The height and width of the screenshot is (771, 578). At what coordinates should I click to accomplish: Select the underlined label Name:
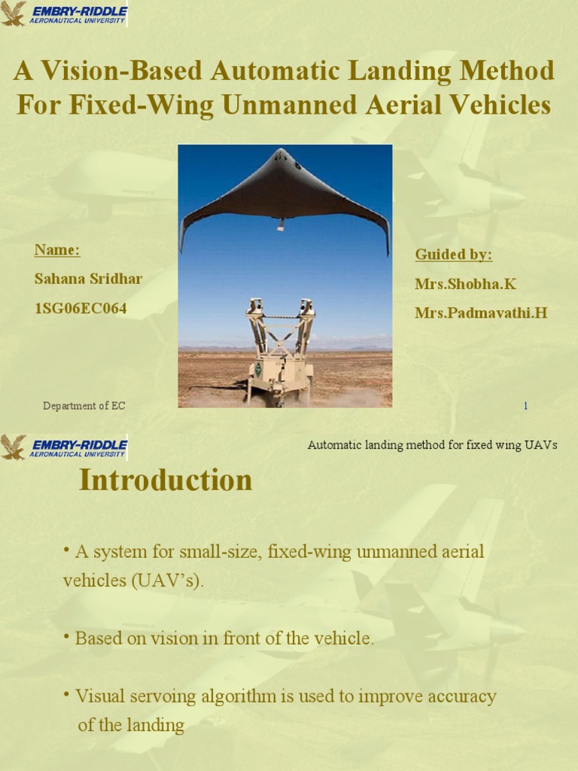point(57,250)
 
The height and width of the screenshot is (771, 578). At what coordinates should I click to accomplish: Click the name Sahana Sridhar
point(88,279)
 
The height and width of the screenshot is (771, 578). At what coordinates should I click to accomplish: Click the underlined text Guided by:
point(454,254)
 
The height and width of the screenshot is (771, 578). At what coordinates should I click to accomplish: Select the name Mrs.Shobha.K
point(466,284)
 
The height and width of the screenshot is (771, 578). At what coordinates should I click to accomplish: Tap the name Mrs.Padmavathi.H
point(481,312)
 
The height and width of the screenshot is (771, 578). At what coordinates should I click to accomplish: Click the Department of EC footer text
point(84,407)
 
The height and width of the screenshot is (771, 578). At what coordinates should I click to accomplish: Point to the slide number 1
point(525,407)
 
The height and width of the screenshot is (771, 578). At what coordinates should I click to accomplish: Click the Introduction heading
point(166,480)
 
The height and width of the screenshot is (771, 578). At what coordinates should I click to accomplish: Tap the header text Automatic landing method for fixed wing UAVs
point(432,445)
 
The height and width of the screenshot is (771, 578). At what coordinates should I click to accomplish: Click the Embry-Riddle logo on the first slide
point(64,14)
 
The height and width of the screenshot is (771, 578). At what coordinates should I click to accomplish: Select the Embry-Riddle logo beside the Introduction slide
point(64,446)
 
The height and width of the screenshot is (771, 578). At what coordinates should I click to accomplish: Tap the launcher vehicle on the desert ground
point(280,354)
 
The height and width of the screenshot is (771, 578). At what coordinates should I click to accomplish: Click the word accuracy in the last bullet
point(464,696)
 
